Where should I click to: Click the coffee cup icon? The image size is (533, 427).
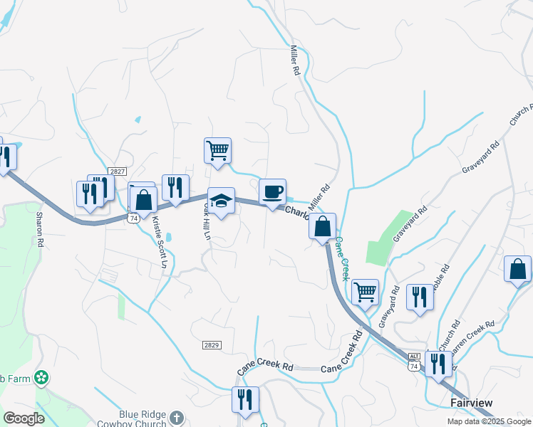point(272,192)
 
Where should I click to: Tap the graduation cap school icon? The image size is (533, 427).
point(221,201)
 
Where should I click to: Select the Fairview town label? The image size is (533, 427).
point(471,403)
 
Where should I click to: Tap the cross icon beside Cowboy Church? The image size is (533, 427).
point(177,418)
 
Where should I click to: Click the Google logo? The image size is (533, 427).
point(24,418)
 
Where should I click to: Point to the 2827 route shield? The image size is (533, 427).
point(118,172)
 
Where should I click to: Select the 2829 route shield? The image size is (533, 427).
point(211,344)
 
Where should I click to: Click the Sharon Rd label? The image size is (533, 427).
point(40,232)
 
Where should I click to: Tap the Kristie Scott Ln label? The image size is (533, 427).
point(160,242)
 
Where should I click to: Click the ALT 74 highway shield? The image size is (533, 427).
point(414,361)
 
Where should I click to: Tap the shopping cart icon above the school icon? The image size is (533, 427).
point(217,151)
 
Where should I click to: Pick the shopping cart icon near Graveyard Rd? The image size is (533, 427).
point(365,291)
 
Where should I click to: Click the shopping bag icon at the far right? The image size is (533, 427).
point(517,270)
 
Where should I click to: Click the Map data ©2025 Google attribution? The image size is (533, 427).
point(488,421)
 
